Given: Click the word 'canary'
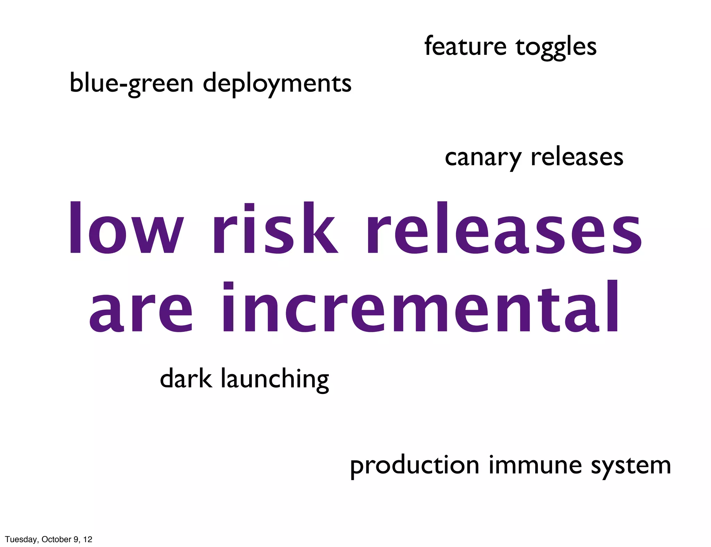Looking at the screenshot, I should point(483,158).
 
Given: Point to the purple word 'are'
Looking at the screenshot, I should point(141,309).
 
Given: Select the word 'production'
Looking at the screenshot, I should point(415,466).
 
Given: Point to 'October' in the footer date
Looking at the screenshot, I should point(56,539).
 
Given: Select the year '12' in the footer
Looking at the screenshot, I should point(88,539).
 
